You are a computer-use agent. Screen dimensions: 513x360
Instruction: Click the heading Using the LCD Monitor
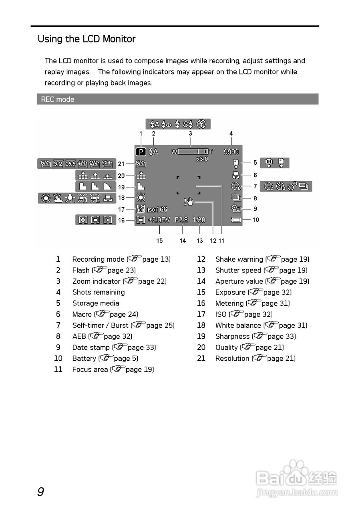pos(86,39)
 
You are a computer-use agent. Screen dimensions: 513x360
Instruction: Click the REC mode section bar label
pos(58,99)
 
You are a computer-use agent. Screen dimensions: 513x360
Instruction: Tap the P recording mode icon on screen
pos(141,152)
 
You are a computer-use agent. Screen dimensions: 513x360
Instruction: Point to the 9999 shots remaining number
pos(231,152)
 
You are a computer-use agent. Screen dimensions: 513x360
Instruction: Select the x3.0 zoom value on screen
pos(202,159)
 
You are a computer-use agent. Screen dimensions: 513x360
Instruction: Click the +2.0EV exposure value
pos(159,220)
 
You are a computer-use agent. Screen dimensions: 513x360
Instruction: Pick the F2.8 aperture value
pos(181,220)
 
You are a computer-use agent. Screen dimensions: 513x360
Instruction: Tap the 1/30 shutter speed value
pos(199,220)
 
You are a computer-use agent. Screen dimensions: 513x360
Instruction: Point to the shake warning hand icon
pos(188,202)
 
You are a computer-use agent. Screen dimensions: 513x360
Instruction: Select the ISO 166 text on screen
pos(157,210)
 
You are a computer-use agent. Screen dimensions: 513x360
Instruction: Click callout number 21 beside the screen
pos(121,164)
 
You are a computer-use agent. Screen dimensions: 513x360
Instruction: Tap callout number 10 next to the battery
pos(255,220)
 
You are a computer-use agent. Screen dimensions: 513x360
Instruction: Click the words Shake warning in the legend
pos(239,259)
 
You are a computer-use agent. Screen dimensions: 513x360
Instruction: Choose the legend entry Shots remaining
pos(99,292)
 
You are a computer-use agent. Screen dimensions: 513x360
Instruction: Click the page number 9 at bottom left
pos(40,492)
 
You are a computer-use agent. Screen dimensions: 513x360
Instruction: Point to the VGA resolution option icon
pos(106,164)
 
